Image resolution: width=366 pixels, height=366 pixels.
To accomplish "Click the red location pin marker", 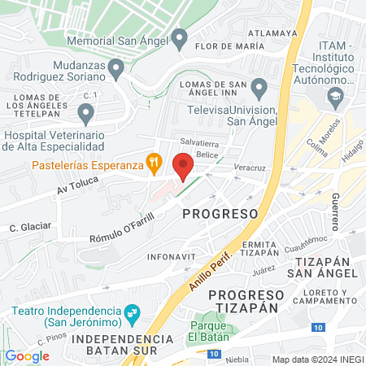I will (183, 165).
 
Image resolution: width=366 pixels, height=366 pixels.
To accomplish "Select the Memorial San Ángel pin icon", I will (180, 37).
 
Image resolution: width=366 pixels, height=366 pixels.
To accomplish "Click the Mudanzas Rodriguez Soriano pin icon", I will (117, 69).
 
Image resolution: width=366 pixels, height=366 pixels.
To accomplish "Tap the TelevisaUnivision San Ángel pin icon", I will (259, 87).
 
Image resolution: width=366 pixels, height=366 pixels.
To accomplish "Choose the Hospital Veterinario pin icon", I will (85, 113).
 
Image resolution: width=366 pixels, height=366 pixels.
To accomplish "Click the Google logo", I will (27, 355).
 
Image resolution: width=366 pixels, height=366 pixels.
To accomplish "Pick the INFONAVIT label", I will (169, 256).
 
